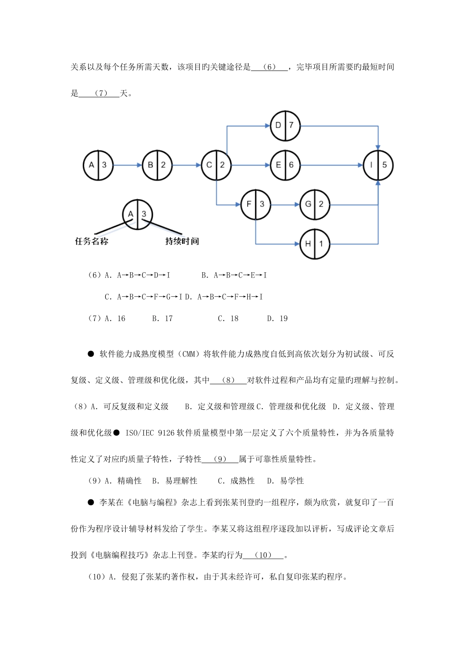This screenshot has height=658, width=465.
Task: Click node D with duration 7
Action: click(x=285, y=125)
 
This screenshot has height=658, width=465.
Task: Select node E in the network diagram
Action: click(x=285, y=165)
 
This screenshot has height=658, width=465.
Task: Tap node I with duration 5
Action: click(x=378, y=165)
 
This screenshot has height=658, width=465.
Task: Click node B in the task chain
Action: click(x=157, y=165)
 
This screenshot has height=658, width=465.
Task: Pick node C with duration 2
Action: click(x=216, y=165)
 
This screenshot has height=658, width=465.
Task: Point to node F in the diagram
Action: click(x=256, y=204)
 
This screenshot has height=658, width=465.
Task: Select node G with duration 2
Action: click(x=314, y=204)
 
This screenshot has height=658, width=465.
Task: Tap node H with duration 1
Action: click(x=314, y=243)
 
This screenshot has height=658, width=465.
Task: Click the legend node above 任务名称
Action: click(x=138, y=214)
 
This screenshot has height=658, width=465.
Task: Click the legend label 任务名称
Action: click(x=92, y=241)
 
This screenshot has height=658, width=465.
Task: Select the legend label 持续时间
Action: click(x=182, y=241)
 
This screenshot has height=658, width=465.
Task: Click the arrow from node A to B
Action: click(x=127, y=165)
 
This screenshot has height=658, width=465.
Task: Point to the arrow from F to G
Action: click(x=285, y=204)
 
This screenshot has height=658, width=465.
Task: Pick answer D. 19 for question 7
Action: click(x=277, y=319)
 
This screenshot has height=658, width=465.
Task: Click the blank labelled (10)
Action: click(x=263, y=555)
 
